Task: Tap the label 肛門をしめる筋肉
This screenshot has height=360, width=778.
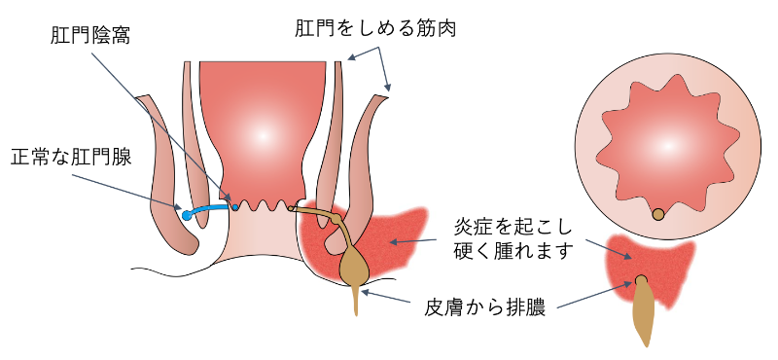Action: pos(375,27)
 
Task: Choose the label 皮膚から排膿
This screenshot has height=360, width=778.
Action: pos(489,308)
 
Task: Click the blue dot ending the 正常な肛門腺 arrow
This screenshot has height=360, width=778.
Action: pos(184,212)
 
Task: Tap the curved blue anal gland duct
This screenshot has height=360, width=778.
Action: pos(209,208)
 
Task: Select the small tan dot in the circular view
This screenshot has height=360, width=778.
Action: pos(658,214)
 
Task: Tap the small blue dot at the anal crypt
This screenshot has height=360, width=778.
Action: pos(234,206)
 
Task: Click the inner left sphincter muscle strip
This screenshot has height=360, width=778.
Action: pos(194,146)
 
